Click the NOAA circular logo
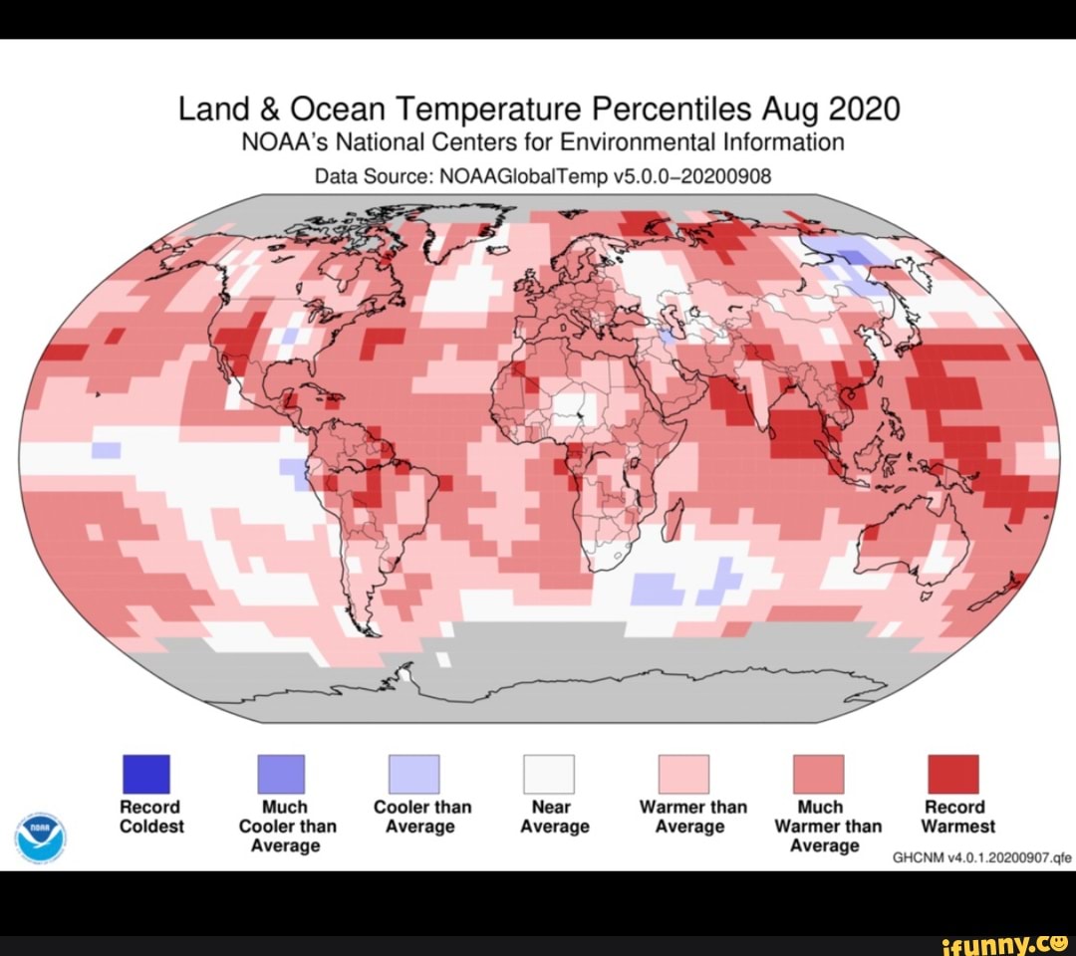click(x=41, y=836)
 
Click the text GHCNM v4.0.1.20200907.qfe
click(x=980, y=855)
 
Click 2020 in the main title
click(x=863, y=108)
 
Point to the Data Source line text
click(x=543, y=176)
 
